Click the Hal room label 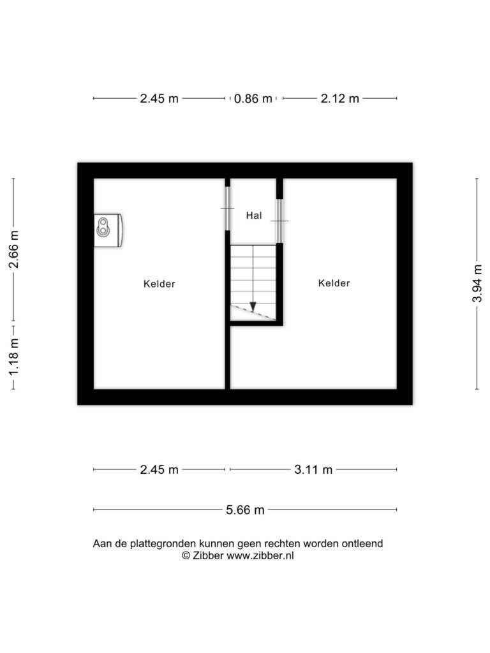point(254,216)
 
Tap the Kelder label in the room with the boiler point(159,284)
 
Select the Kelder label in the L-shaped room point(334,283)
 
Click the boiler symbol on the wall point(108,230)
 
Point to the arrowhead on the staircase point(253,307)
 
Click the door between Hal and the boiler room point(228,209)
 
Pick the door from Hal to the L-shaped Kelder point(279,221)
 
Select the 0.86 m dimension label point(253,99)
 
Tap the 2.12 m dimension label point(339,99)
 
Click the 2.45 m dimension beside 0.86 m point(159,99)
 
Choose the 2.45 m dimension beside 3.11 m point(159,470)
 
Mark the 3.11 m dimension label point(313,470)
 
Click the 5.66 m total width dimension point(245,510)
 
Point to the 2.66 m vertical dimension point(14,249)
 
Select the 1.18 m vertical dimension point(14,356)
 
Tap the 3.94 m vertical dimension point(477,283)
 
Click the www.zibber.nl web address point(260,555)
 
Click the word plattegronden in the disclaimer point(163,544)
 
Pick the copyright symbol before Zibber point(186,555)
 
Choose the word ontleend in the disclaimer point(362,543)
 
